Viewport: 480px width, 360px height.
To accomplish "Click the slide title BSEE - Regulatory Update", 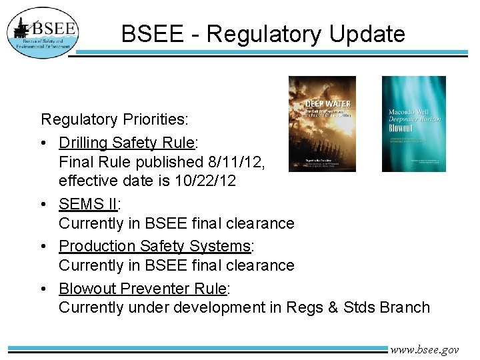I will tap(263, 33).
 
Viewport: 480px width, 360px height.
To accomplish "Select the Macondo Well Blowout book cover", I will tap(413, 124).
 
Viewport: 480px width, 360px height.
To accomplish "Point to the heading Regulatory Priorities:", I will tap(115, 120).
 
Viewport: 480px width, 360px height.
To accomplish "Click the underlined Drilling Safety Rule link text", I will tap(127, 143).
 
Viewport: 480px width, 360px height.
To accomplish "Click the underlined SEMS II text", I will tap(87, 204).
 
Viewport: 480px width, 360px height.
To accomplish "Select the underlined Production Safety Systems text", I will tap(155, 246).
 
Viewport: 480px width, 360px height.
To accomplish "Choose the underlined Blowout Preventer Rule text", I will tap(143, 289).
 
